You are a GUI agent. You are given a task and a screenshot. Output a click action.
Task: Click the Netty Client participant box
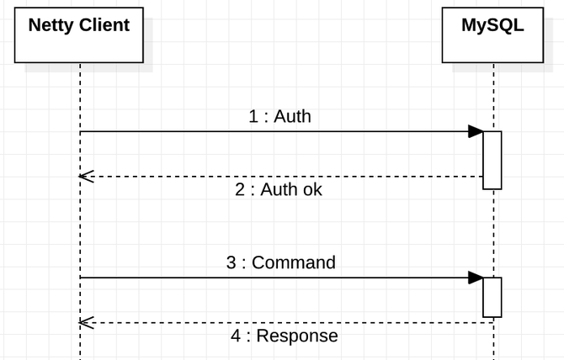79,35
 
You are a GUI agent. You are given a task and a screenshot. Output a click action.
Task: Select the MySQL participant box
492,35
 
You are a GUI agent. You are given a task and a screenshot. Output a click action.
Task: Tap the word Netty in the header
51,25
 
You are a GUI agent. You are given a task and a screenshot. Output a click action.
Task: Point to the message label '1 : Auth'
279,116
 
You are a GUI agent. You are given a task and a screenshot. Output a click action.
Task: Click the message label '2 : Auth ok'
279,189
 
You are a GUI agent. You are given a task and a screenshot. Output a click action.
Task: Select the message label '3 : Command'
281,262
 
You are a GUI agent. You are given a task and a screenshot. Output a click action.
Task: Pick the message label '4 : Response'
285,336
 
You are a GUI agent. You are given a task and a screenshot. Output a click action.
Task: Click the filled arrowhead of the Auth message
476,131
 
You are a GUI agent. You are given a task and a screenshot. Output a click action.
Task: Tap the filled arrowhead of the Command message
476,278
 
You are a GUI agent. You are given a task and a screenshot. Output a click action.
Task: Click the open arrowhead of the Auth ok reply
87,177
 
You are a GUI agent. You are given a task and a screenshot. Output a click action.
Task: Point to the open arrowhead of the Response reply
87,323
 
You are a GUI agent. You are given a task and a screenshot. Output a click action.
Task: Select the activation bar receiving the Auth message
492,161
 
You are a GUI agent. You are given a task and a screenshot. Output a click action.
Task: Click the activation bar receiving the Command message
492,298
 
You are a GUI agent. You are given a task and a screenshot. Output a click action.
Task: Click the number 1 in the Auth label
253,116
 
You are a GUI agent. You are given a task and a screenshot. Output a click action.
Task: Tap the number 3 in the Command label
231,262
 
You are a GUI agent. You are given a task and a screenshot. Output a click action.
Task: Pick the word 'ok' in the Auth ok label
312,189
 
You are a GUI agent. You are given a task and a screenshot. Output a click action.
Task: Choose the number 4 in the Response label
236,336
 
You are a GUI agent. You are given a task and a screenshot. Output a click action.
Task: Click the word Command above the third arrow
294,262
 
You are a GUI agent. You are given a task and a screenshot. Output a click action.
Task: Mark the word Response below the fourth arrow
297,336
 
